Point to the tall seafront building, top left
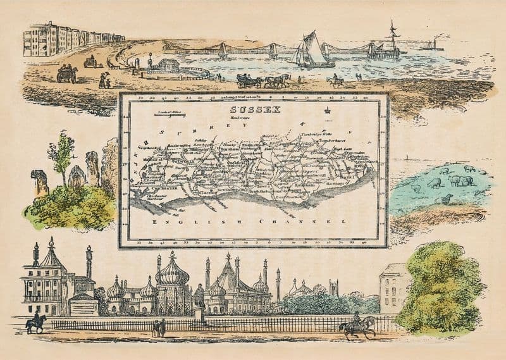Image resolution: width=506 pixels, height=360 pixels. pos(39,40)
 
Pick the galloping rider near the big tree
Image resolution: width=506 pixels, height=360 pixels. pos(357,325)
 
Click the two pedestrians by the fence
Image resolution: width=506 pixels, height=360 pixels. pos(159,327)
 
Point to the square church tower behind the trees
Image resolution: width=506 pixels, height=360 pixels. pos(333,288)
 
